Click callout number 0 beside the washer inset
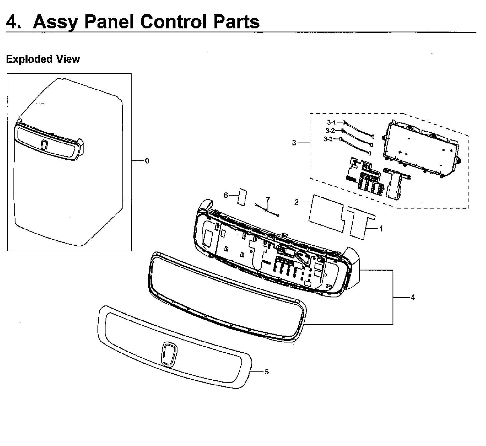147,161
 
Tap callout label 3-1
331,122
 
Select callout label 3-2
330,131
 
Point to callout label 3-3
328,139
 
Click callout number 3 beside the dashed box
294,143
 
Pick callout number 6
226,196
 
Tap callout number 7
268,199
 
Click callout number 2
296,202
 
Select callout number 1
381,229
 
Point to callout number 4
413,297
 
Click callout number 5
267,372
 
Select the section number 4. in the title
13,22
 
